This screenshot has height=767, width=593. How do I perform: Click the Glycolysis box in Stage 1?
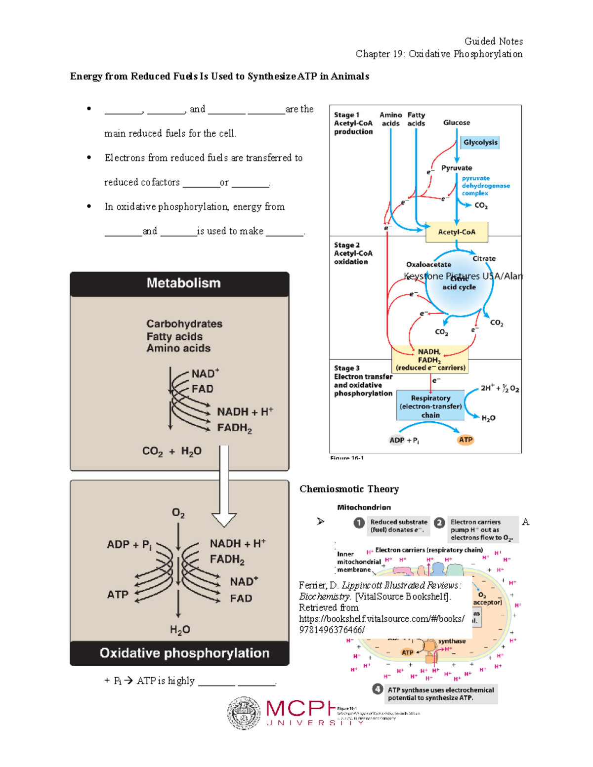[480, 142]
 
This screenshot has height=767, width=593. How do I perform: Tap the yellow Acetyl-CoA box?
[457, 232]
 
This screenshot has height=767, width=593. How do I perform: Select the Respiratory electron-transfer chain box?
[430, 406]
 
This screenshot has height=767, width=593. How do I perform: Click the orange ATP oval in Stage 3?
[466, 440]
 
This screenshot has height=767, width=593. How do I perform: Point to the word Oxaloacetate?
[428, 264]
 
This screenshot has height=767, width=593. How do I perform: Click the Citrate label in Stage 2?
[484, 258]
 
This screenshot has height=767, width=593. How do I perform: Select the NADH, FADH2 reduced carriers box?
[429, 359]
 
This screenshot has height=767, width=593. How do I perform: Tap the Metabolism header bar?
[179, 283]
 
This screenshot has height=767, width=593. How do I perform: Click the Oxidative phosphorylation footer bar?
[179, 653]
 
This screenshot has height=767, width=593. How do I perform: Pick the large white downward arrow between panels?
[224, 486]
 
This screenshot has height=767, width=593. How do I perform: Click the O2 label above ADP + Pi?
[178, 513]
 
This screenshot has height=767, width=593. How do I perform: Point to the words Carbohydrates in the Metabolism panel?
[184, 323]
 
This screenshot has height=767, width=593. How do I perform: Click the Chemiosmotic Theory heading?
[349, 489]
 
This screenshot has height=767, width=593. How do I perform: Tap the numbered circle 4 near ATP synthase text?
[378, 689]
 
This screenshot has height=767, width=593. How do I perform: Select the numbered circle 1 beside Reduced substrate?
[359, 523]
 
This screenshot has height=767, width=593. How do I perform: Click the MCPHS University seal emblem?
[244, 713]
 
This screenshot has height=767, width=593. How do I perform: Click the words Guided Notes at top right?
[493, 41]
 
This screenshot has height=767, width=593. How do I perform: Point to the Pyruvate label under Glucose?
[457, 168]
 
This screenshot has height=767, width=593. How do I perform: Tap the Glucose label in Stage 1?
[457, 122]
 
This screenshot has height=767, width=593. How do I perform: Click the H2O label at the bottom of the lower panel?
[179, 630]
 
